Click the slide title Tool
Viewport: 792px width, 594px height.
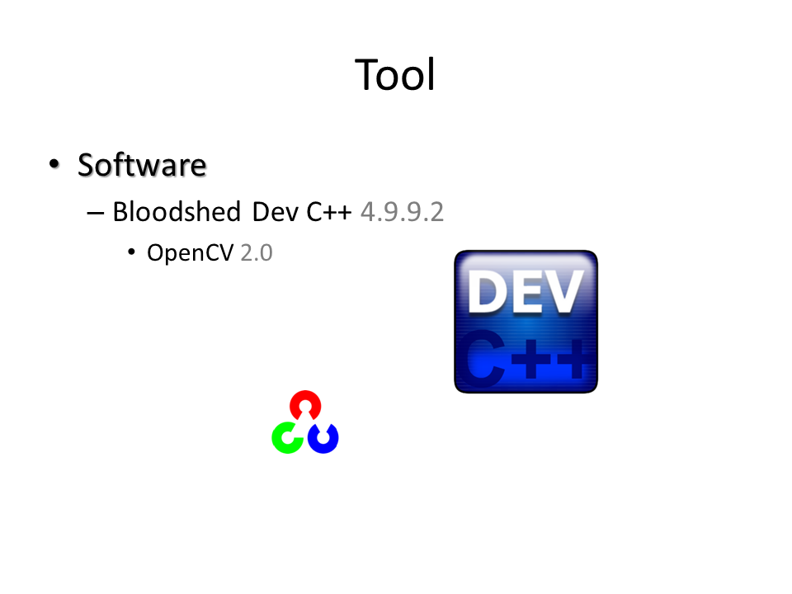pos(394,75)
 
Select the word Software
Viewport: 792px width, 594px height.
pos(142,165)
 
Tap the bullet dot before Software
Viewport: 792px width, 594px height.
pos(54,163)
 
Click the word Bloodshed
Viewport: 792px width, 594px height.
pos(177,211)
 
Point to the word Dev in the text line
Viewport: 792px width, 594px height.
pos(276,212)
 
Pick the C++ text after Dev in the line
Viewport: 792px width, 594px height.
pos(329,212)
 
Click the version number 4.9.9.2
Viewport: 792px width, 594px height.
pos(402,212)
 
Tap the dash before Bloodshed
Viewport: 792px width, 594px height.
pos(96,214)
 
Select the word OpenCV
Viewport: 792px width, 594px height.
pos(191,252)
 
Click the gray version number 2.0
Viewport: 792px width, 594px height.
pos(257,252)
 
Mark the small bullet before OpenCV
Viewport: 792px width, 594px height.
pos(131,252)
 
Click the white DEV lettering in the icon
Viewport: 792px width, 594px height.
pos(526,291)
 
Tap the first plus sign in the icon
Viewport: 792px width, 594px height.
pos(530,359)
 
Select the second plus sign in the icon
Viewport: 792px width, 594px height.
pos(573,359)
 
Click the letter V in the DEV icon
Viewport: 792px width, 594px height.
pos(563,291)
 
